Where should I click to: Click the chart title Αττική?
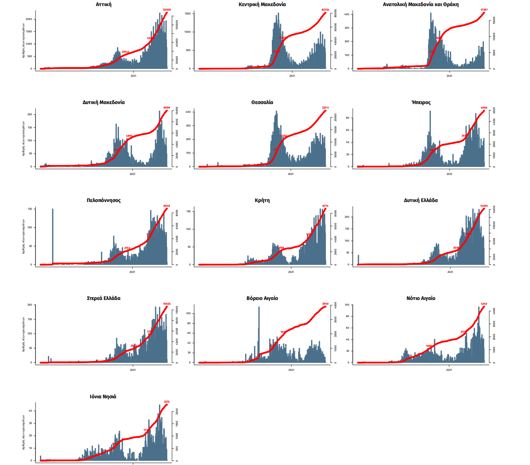tap(104, 5)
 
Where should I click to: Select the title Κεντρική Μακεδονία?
tap(262, 5)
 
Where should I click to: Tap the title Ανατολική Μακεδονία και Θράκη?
tap(421, 5)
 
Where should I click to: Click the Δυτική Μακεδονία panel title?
tap(104, 103)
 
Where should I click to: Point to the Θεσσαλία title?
tap(262, 103)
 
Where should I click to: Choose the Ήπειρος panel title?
tap(421, 103)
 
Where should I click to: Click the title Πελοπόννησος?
tap(104, 200)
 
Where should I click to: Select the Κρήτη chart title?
tap(262, 200)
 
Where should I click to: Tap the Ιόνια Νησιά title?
tap(103, 397)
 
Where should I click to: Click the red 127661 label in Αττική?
tap(167, 10)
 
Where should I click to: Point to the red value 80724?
tap(325, 10)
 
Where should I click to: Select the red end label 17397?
tap(484, 10)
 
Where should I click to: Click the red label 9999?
tap(167, 108)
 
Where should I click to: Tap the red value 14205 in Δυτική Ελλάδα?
tap(484, 206)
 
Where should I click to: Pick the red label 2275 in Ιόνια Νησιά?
tap(167, 402)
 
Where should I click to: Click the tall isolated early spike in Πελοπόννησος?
tap(53, 236)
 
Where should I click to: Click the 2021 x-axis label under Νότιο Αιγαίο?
tap(449, 370)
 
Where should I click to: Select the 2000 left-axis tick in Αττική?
tap(29, 19)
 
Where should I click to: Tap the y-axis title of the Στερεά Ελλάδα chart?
tap(23, 334)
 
